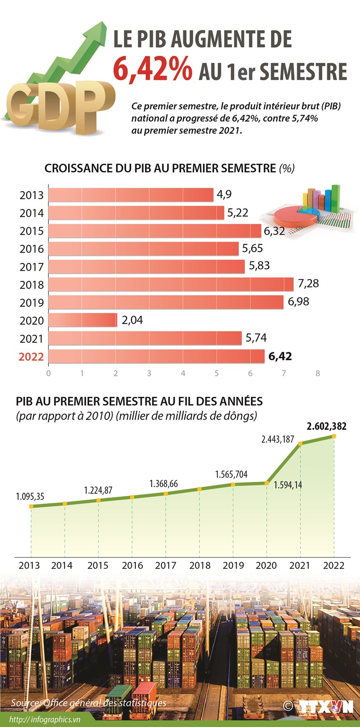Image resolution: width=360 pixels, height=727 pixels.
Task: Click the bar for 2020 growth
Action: tap(82, 320)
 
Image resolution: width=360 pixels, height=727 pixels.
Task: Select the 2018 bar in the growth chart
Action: tap(171, 284)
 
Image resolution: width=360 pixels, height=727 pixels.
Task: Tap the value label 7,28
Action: tap(308, 283)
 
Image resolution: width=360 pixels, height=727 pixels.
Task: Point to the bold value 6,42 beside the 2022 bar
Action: tap(280, 356)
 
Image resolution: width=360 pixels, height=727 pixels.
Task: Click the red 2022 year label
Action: tap(31, 357)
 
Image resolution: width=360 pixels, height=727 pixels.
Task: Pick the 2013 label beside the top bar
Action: tap(31, 195)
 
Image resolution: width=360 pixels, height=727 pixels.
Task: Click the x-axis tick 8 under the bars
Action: tap(318, 373)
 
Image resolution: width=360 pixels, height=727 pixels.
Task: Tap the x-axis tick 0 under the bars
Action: tap(48, 373)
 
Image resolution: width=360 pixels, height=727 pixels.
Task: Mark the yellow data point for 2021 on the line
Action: tap(300, 444)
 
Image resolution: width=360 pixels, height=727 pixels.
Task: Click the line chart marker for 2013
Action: tap(31, 506)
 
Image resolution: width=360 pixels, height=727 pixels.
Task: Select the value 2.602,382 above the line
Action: tap(326, 426)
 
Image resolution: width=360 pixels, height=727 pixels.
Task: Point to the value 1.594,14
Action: tap(288, 485)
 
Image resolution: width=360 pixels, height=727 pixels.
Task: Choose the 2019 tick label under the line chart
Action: tap(233, 566)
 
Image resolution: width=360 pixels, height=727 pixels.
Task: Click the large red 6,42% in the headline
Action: tap(152, 70)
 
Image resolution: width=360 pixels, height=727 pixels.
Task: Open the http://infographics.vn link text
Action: tap(45, 720)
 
